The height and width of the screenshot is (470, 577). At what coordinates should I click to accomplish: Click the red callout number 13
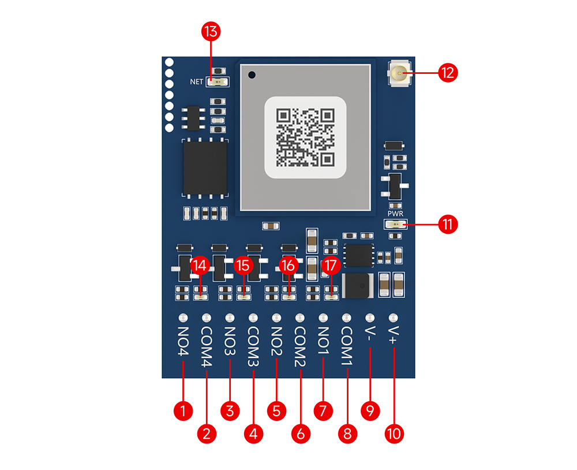(x=211, y=32)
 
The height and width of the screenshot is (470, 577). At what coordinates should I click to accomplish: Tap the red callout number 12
(x=448, y=73)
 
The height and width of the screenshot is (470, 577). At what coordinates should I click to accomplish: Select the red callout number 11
(x=448, y=224)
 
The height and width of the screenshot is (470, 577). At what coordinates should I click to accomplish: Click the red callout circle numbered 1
(x=183, y=411)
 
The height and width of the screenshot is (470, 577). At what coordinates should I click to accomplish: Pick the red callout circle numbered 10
(x=394, y=434)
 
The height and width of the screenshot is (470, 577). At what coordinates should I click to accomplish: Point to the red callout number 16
(x=288, y=266)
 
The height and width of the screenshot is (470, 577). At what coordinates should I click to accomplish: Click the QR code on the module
(x=305, y=137)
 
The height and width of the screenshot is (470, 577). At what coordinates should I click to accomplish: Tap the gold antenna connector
(x=399, y=73)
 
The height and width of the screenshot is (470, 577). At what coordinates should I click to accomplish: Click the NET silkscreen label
(x=197, y=82)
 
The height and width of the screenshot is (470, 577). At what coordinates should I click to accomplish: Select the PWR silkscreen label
(x=395, y=214)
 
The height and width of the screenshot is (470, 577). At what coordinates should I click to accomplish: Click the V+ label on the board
(x=393, y=335)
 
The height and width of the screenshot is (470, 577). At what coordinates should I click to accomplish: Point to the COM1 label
(x=346, y=346)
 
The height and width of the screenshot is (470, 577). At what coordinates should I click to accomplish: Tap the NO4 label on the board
(x=183, y=341)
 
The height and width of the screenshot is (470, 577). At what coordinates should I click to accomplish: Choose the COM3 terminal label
(x=253, y=346)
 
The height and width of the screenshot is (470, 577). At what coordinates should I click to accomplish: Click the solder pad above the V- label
(x=370, y=318)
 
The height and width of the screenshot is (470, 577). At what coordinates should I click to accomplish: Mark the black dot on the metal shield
(x=252, y=75)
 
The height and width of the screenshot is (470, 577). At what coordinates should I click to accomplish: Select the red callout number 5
(x=277, y=411)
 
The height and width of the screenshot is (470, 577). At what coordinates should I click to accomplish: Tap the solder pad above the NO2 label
(x=276, y=318)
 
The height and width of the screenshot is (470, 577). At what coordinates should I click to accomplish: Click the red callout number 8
(x=347, y=434)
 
